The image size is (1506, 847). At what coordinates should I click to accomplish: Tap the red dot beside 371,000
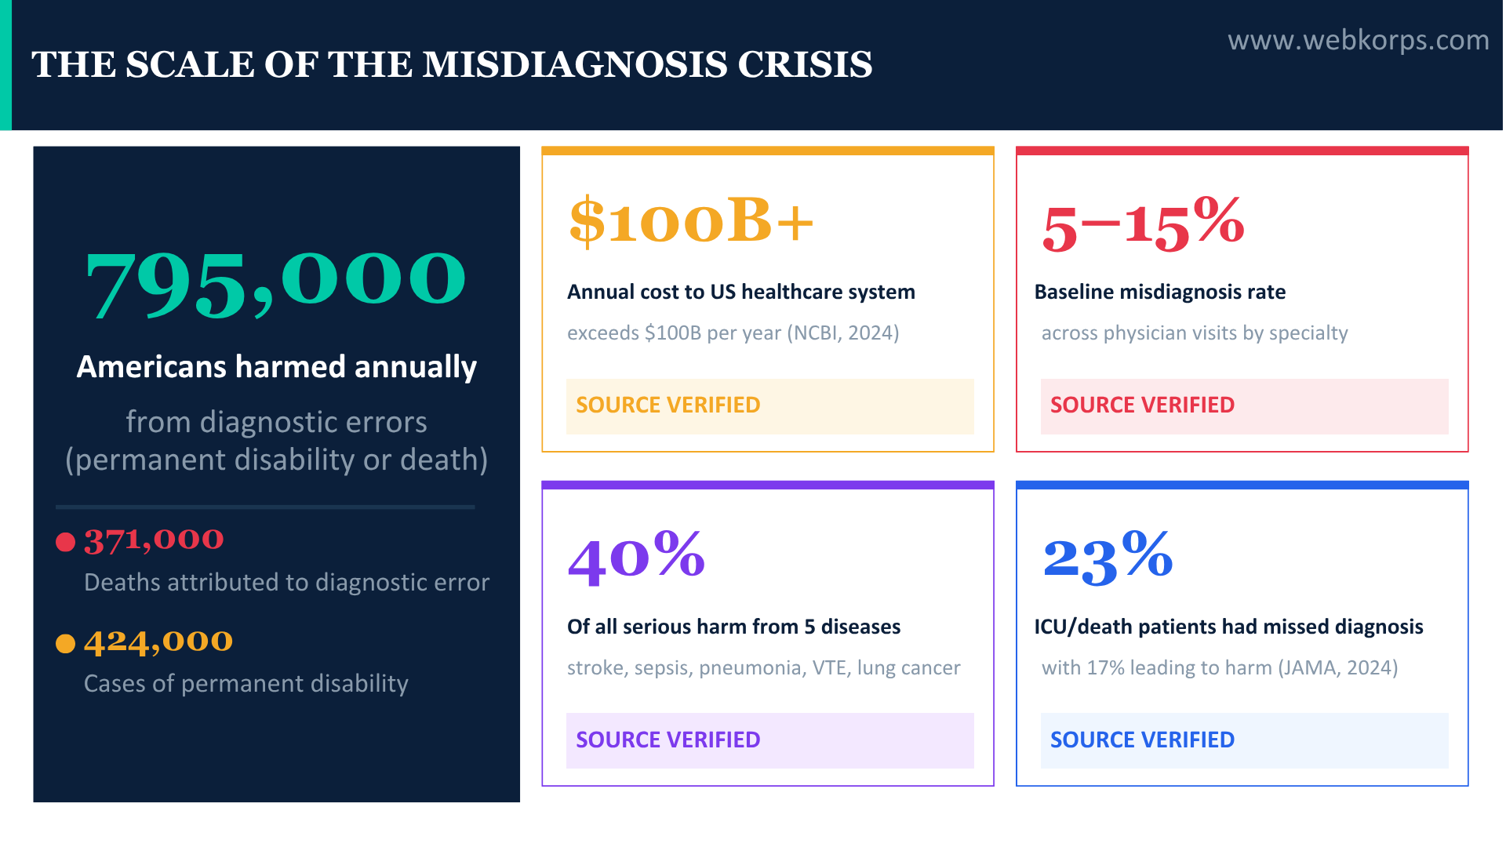click(x=66, y=542)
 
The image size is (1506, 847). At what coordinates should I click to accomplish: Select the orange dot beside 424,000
click(x=66, y=644)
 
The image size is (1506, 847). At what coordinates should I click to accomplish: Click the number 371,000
click(x=154, y=540)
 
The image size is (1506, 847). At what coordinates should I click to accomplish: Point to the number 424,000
click(x=158, y=642)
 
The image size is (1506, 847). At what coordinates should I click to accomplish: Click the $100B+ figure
click(x=691, y=221)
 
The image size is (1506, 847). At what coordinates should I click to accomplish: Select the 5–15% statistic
click(x=1143, y=224)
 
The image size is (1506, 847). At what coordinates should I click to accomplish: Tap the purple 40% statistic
click(x=636, y=557)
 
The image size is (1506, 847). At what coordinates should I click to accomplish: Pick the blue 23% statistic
click(x=1108, y=557)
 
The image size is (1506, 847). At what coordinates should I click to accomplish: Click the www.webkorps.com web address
click(x=1358, y=40)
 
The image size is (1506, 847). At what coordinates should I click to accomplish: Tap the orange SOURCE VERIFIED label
click(x=668, y=405)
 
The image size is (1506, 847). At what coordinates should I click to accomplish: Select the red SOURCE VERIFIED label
click(x=1142, y=405)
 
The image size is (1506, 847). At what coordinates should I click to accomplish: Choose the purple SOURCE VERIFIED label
click(x=668, y=740)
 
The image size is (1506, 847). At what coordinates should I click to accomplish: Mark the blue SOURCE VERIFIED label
click(x=1142, y=740)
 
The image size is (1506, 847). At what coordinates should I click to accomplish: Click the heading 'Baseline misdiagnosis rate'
click(x=1159, y=293)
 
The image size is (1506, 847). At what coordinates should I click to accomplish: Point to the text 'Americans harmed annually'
click(x=276, y=367)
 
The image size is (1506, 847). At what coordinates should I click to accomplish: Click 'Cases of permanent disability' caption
click(x=246, y=684)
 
